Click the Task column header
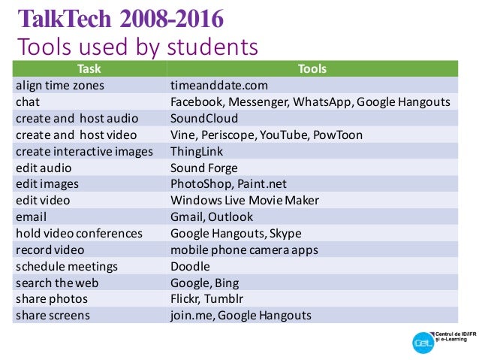89,69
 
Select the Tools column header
312,69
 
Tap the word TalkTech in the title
65,19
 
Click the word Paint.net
262,184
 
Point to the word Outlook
230,217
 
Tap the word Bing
227,283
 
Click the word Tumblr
224,299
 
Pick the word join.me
191,316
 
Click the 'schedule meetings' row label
67,267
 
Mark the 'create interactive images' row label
84,152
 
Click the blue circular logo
423,343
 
